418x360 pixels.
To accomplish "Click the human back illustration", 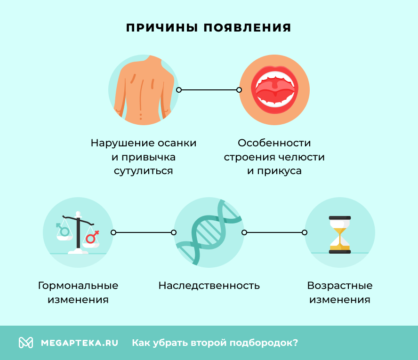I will point(143,89).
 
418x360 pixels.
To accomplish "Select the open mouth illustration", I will point(274,89).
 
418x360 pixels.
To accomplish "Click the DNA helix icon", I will point(209,232).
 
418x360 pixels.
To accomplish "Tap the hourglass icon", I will point(339,234).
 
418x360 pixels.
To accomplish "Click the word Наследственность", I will point(209,286).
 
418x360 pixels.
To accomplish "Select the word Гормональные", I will point(78,286).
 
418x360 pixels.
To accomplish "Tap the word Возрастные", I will point(339,286).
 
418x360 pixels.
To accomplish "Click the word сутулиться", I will point(143,171).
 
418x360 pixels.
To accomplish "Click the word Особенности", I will point(274,143).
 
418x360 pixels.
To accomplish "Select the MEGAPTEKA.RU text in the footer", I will point(79,343).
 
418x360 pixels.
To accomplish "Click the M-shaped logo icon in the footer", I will point(25,343).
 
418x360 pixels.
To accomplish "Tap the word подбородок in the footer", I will point(264,343).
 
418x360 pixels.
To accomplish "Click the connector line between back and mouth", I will point(209,90).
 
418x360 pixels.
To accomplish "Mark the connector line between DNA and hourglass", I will point(274,232).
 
